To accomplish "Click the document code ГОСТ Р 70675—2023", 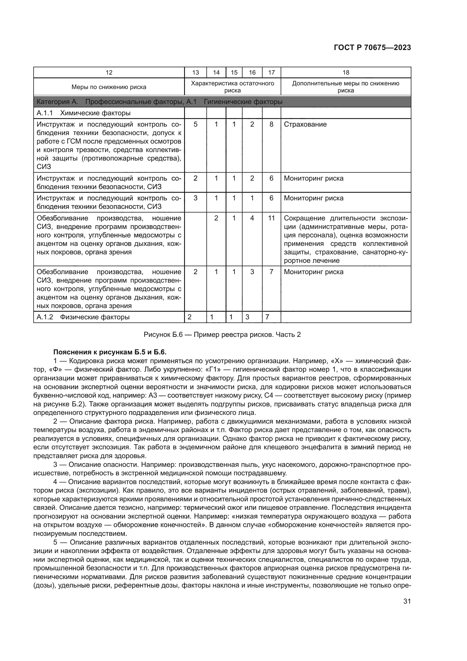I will click(372, 47).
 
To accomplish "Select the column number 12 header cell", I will click(109, 73).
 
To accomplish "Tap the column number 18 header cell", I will click(346, 73).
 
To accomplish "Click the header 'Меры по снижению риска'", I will click(109, 87).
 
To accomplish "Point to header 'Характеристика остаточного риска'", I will click(232, 87).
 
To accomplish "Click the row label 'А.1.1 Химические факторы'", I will click(84, 113).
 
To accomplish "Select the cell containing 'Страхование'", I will click(305, 124).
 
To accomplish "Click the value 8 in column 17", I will click(271, 124).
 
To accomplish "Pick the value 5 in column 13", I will click(196, 124).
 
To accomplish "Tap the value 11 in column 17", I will click(271, 218).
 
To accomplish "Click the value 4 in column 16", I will click(252, 218).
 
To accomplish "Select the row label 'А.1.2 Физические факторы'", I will click(83, 317).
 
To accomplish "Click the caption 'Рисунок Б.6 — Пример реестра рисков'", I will click(222, 335).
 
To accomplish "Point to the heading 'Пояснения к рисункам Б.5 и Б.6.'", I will click(110, 352).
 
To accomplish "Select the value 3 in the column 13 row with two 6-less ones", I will click(196, 198).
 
